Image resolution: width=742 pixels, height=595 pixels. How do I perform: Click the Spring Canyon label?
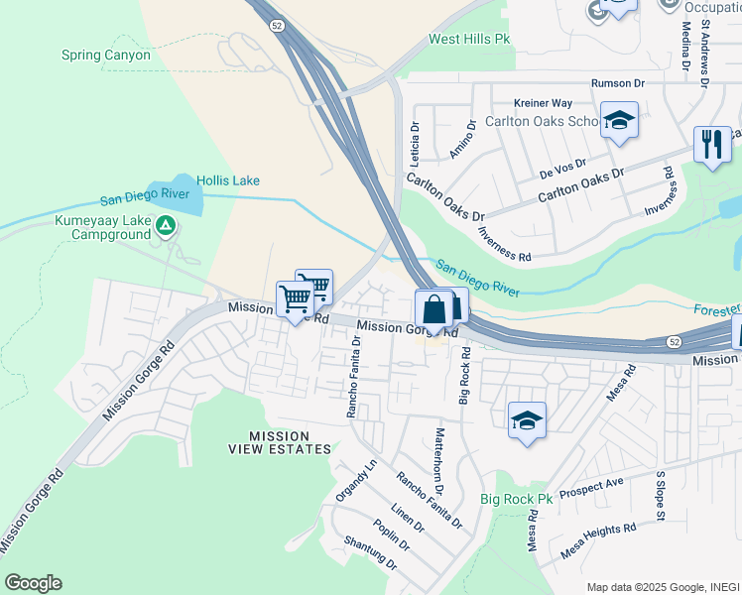tap(106, 56)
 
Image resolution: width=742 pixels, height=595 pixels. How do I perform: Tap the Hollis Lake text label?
tap(228, 180)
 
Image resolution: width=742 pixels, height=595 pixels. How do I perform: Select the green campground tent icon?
tap(167, 227)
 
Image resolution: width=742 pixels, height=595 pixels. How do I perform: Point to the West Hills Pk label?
tap(468, 40)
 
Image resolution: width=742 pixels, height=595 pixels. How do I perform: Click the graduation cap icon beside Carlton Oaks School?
tap(619, 121)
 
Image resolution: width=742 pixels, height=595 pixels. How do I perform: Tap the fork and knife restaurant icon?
tap(712, 144)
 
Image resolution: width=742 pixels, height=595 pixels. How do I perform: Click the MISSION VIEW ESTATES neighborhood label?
tap(290, 442)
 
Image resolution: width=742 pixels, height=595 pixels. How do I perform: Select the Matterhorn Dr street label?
tap(437, 463)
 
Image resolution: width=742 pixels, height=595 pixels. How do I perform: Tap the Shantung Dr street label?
tap(370, 553)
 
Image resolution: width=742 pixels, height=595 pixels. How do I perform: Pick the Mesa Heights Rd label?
tap(598, 536)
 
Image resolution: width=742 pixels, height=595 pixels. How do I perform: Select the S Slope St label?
tap(659, 494)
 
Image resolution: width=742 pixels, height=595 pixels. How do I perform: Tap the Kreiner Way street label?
tap(543, 103)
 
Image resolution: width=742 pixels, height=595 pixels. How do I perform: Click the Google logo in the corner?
tap(33, 583)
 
